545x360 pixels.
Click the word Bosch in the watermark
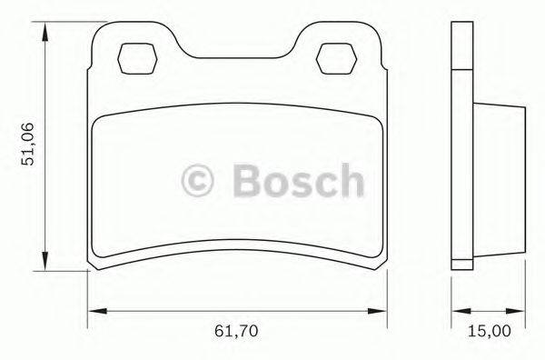point(297,179)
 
